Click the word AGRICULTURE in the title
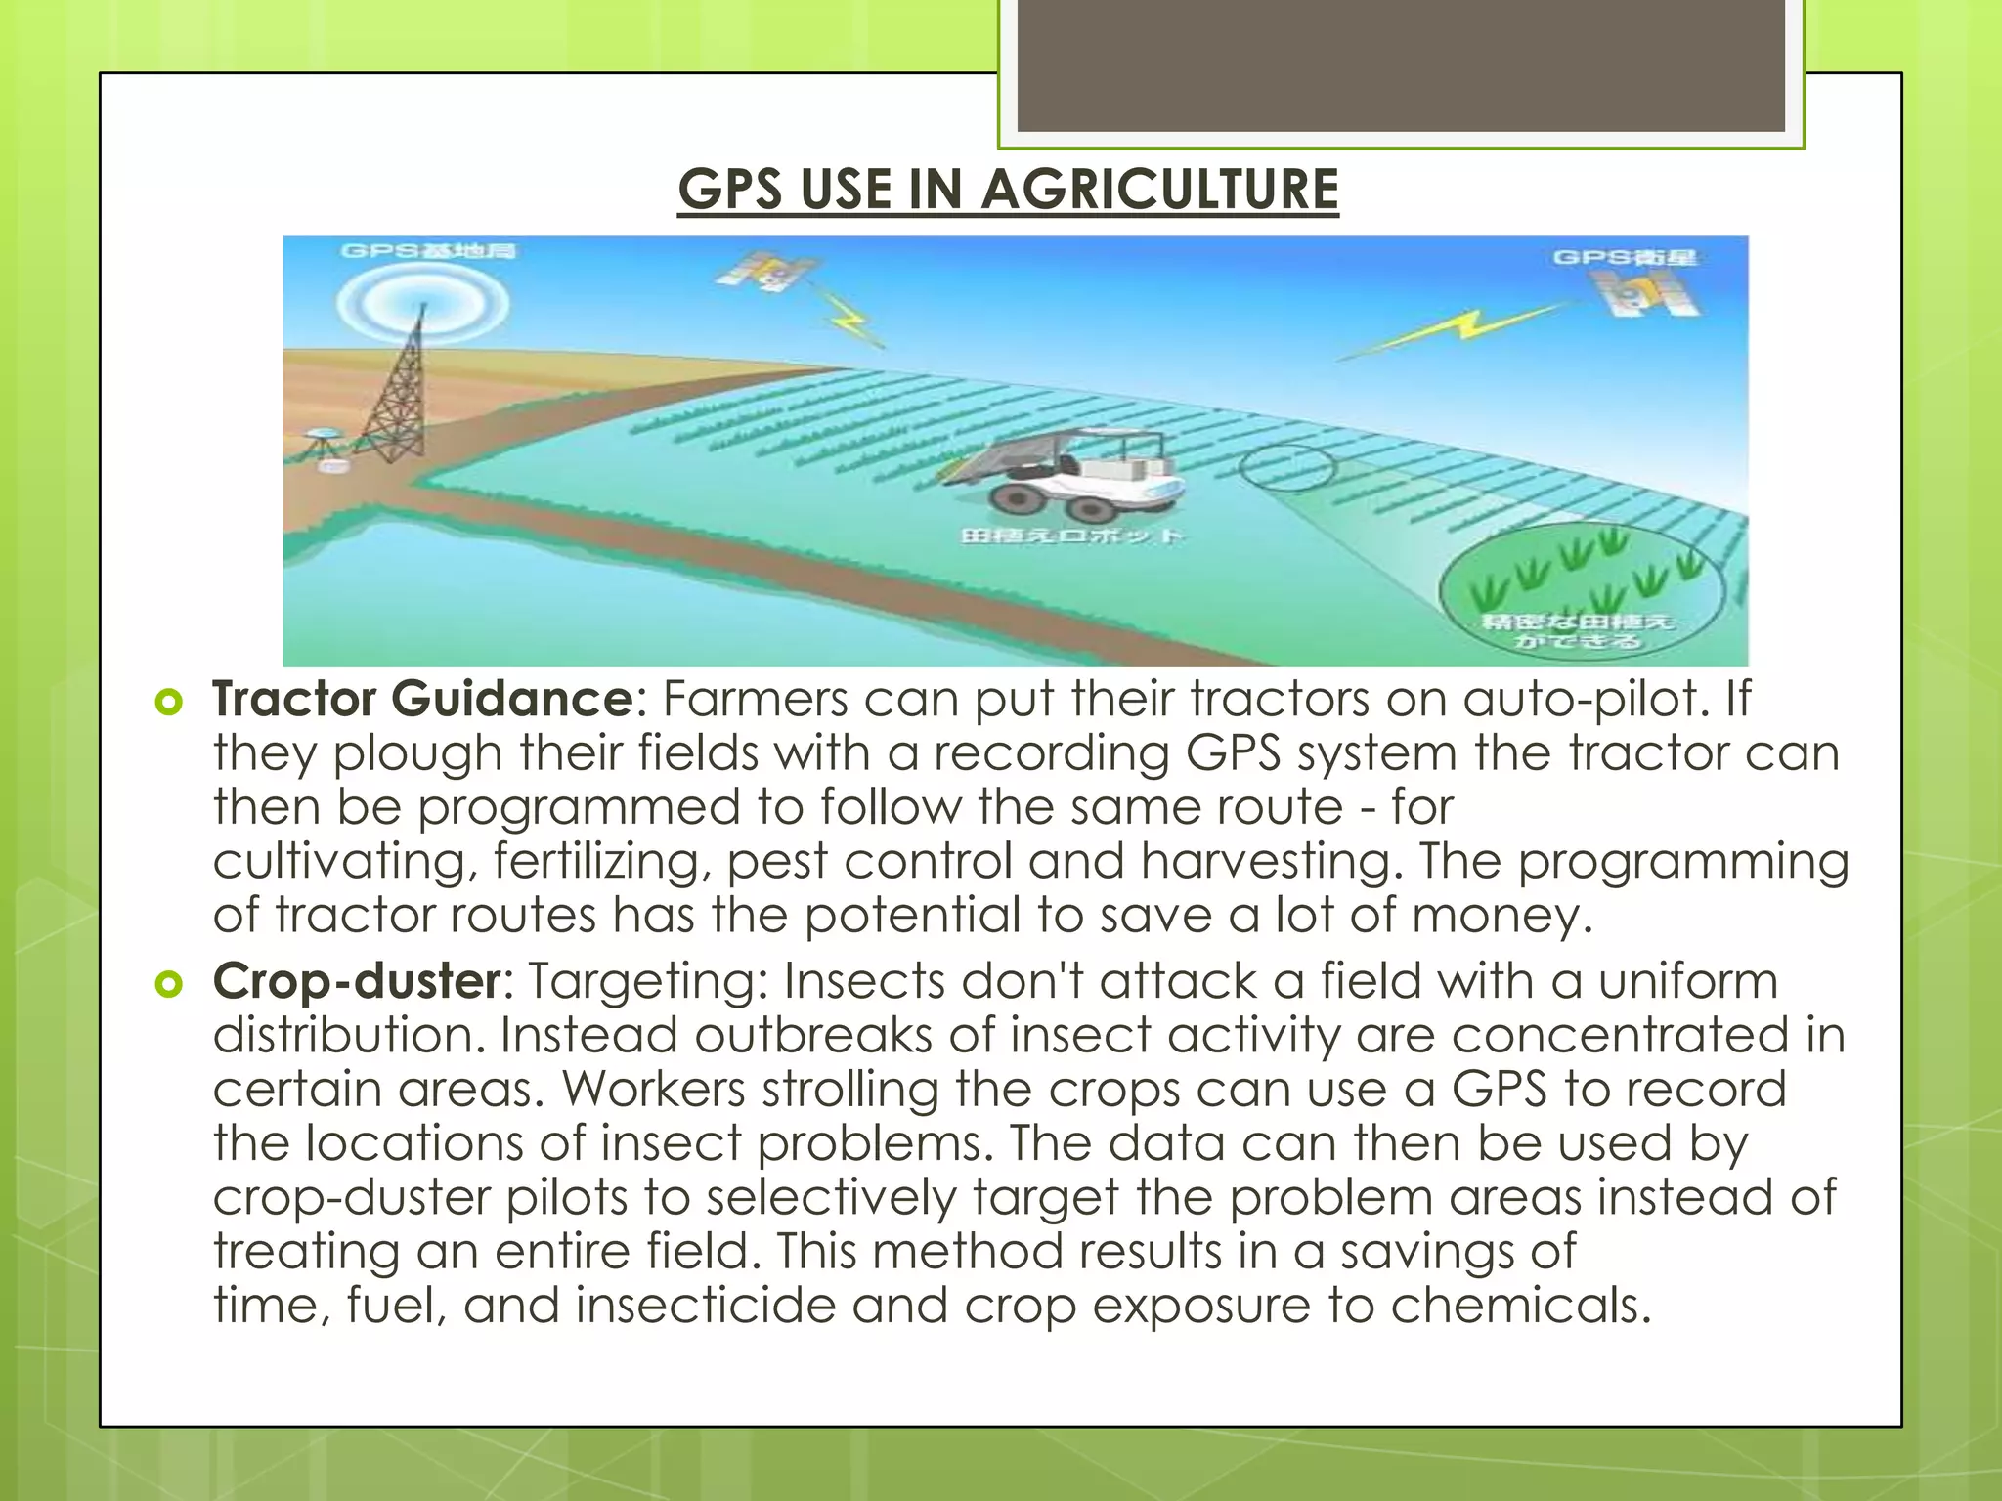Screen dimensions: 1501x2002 pos(1159,189)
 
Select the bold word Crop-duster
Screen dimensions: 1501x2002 pos(357,981)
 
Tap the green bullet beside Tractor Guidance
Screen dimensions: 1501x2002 pos(169,702)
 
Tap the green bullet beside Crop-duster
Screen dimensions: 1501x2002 pos(169,983)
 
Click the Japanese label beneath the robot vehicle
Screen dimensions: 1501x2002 pos(1071,536)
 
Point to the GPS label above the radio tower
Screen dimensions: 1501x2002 pos(428,251)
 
